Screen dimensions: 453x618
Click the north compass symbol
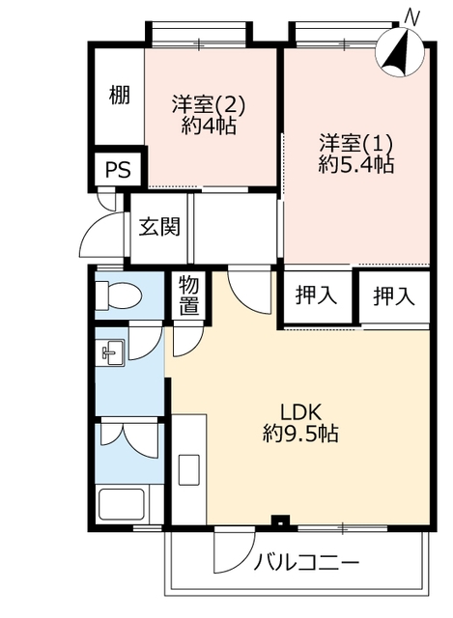click(x=399, y=53)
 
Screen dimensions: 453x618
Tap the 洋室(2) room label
click(x=209, y=104)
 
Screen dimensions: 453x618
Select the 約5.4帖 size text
click(x=356, y=164)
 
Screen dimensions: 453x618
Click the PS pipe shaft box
click(x=118, y=170)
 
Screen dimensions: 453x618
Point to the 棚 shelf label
click(x=119, y=95)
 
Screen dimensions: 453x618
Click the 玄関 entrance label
click(x=159, y=227)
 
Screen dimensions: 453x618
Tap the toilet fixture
click(x=119, y=295)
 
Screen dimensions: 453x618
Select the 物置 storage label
click(x=189, y=295)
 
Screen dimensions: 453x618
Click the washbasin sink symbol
click(x=113, y=352)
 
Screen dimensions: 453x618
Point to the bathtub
click(x=122, y=504)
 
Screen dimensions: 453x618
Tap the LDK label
click(x=301, y=412)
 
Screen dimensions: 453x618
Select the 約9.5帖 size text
click(x=301, y=434)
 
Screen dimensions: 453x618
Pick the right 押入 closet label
click(x=394, y=295)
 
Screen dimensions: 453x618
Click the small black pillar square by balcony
click(x=280, y=520)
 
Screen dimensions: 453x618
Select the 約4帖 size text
click(x=209, y=126)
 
